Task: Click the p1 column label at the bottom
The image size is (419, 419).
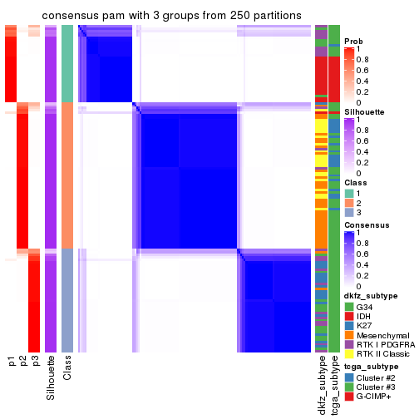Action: (12, 362)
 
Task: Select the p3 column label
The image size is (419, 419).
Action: (35, 362)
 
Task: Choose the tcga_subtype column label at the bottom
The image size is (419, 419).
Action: (333, 383)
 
